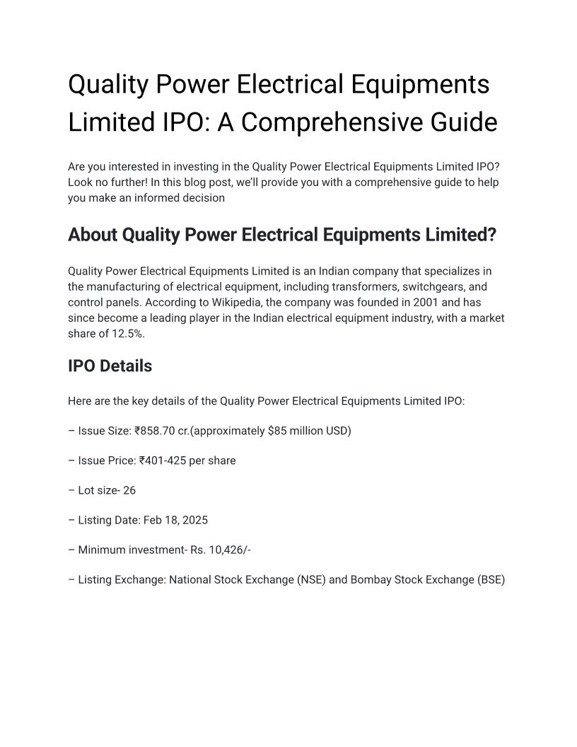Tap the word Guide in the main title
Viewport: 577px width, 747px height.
point(463,122)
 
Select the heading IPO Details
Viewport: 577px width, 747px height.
point(110,366)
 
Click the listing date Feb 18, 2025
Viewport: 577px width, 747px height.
point(175,520)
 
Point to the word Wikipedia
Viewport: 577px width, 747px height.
point(238,303)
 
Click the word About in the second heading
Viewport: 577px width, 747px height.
point(92,235)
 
